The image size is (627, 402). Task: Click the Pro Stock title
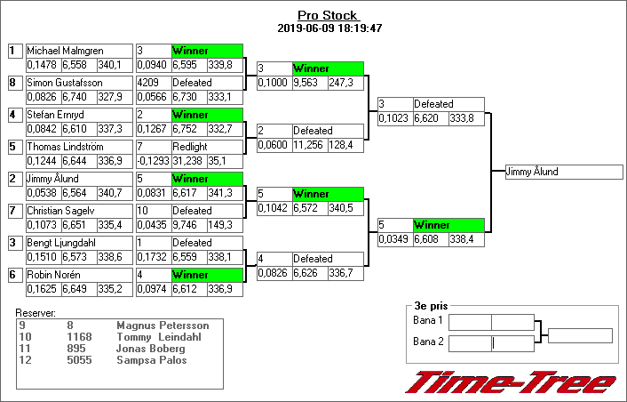328,16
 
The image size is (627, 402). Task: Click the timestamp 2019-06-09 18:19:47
329,28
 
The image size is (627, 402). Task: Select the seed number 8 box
13,83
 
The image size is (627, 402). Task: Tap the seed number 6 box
13,275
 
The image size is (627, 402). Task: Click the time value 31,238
187,161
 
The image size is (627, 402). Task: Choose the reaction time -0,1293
152,161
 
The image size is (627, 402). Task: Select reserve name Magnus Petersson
163,326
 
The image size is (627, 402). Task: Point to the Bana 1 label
428,320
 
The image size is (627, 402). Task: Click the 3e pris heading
431,306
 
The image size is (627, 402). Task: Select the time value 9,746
187,225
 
